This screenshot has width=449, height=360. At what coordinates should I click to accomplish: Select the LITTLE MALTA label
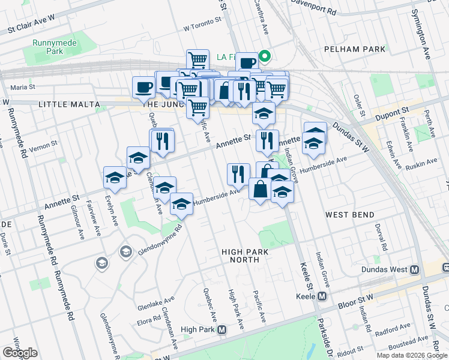tap(68, 104)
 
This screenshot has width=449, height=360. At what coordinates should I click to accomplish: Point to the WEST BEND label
tap(350, 214)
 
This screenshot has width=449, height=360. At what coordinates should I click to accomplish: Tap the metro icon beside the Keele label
tap(322, 296)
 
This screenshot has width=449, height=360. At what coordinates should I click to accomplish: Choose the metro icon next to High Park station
tap(222, 329)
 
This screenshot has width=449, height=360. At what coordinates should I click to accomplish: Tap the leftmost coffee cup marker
tap(143, 86)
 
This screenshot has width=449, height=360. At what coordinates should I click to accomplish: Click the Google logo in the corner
tap(20, 353)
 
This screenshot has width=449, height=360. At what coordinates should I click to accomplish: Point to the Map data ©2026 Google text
tap(412, 355)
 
